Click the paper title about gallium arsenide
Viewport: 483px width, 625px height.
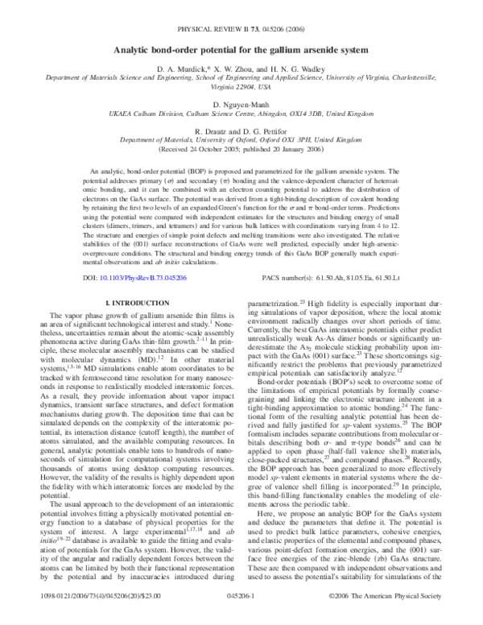point(242,52)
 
